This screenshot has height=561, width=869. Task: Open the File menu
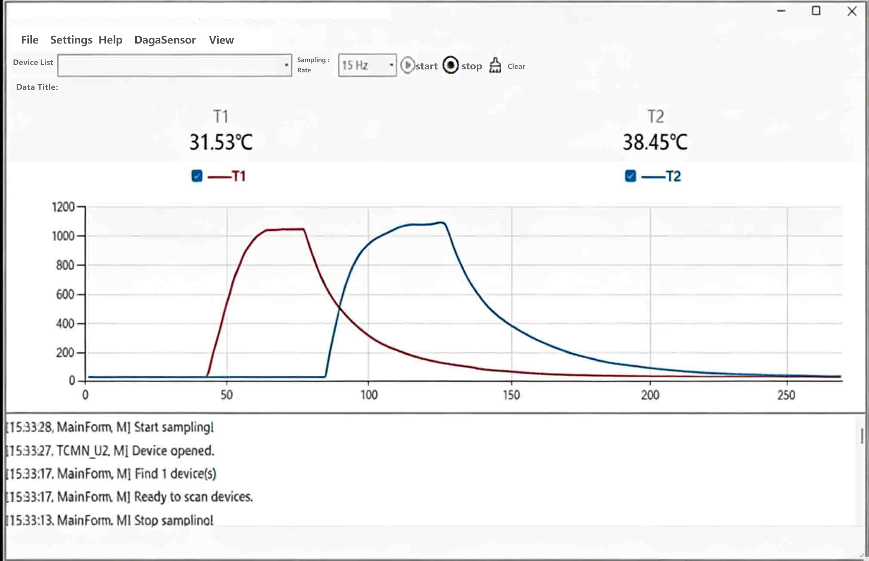[30, 40]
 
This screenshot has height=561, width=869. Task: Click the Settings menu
[71, 40]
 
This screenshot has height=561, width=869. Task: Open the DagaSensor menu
[165, 40]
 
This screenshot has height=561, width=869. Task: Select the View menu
[221, 40]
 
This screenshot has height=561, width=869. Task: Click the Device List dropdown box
[174, 65]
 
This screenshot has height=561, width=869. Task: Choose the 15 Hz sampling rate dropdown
[367, 65]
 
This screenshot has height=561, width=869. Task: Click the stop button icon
[451, 65]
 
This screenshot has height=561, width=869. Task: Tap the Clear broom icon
[495, 65]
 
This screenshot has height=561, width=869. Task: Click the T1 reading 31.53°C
[221, 142]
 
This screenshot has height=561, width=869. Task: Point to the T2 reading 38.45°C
[655, 142]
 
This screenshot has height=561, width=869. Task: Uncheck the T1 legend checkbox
[197, 176]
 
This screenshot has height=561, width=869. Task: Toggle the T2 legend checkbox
[630, 176]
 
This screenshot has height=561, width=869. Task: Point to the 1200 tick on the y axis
[63, 207]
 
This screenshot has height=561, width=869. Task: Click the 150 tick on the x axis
[511, 395]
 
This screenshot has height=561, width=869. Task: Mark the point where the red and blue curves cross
[339, 307]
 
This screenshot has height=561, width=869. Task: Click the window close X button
[852, 12]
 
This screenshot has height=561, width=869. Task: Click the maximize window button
[816, 11]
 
